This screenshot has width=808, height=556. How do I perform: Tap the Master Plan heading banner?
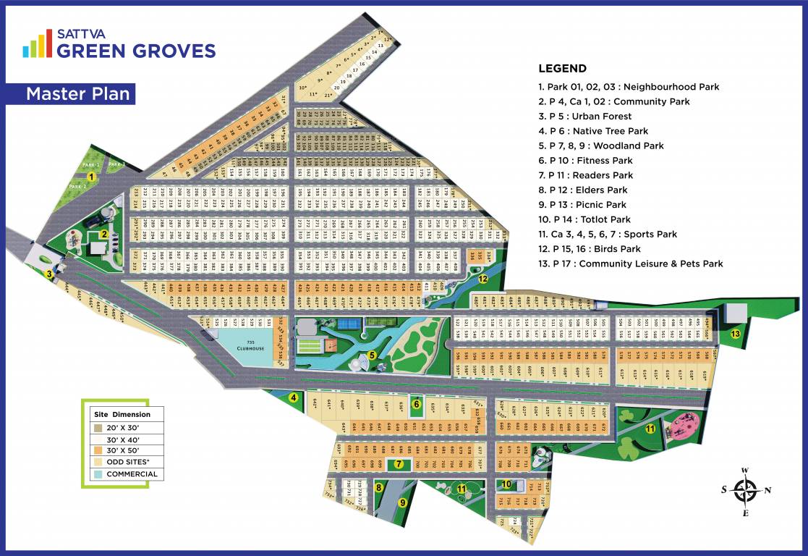(77, 93)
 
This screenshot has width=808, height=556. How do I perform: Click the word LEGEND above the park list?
(562, 69)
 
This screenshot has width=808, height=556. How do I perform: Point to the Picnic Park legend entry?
(582, 205)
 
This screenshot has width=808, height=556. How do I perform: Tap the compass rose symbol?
(744, 490)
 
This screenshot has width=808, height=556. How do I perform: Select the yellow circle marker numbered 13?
(736, 334)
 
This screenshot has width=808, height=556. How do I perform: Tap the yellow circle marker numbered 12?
(482, 279)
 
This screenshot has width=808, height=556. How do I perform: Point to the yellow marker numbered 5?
(372, 355)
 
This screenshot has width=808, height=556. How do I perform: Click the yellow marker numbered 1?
(92, 176)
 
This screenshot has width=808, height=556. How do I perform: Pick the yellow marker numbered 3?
(49, 274)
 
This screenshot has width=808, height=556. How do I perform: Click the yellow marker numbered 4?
(293, 397)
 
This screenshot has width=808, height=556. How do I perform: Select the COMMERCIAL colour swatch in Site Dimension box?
(98, 474)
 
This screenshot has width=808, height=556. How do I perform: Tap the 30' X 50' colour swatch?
(98, 450)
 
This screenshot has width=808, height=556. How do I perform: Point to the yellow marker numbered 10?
(507, 484)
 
